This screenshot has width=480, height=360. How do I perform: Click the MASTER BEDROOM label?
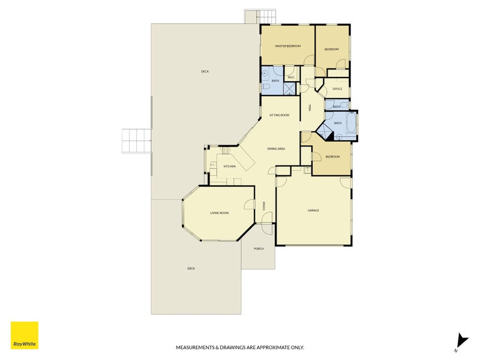(287, 46)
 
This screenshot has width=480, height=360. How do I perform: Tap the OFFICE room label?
(337, 89)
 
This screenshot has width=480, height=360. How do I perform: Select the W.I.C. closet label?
(291, 77)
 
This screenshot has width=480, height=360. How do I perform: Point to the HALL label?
(310, 108)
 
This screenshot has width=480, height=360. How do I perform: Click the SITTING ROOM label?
(279, 115)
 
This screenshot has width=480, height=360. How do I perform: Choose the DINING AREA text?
(276, 148)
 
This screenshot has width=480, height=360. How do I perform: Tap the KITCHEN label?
(229, 166)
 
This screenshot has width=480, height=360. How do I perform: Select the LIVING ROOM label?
(219, 213)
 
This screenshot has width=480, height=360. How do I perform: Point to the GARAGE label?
(313, 211)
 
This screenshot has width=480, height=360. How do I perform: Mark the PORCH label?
(259, 248)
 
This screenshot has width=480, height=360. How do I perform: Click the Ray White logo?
(25, 335)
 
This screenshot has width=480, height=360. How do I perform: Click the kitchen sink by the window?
(212, 164)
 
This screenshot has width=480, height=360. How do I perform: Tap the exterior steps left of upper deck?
(136, 142)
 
